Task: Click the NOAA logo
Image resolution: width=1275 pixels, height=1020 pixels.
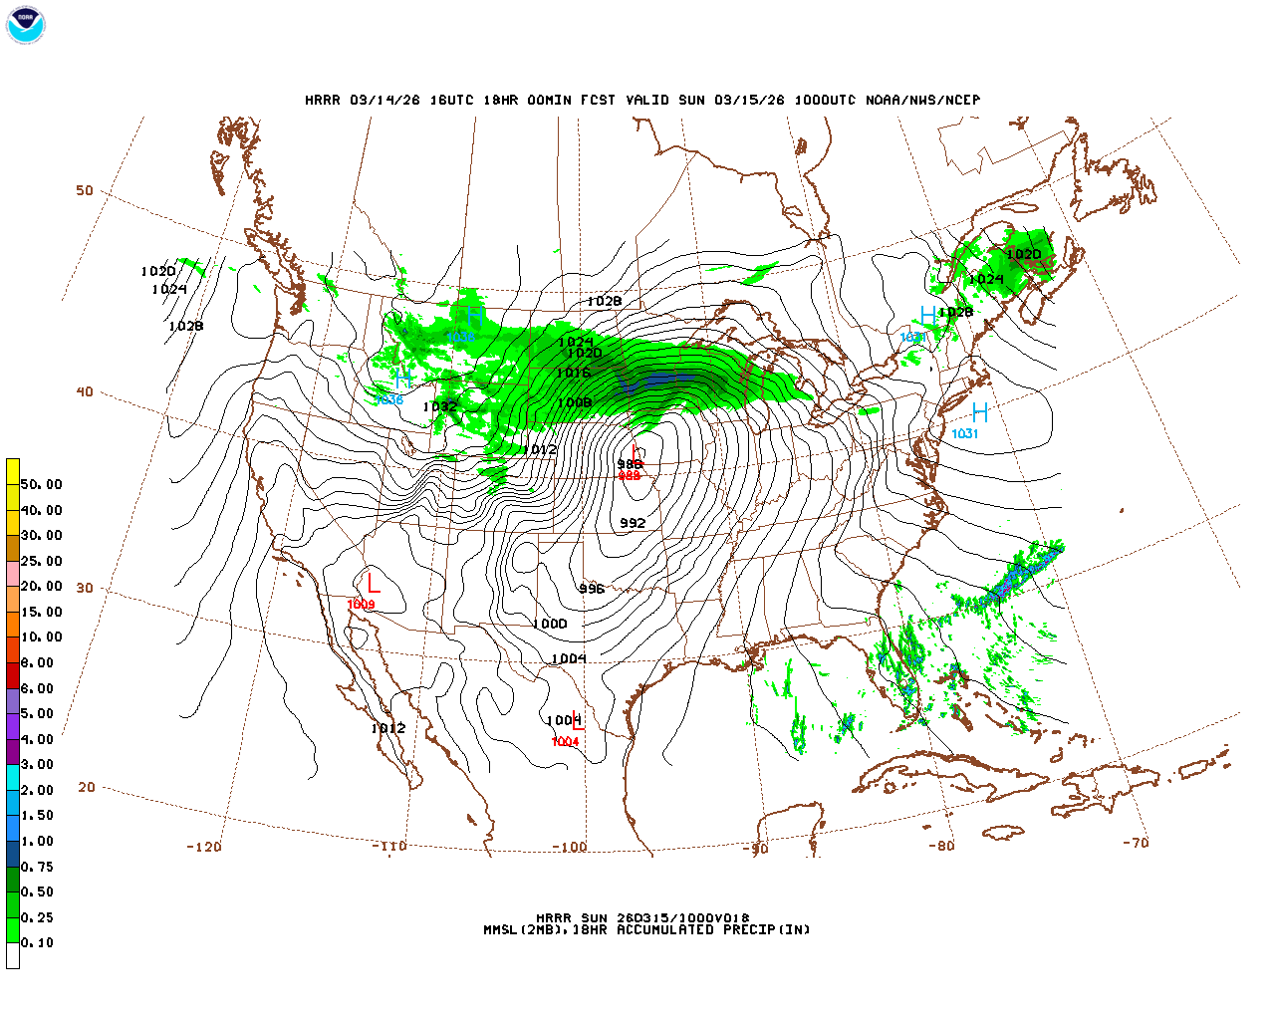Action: pyautogui.click(x=26, y=25)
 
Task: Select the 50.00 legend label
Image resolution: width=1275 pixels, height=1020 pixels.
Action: pyautogui.click(x=41, y=485)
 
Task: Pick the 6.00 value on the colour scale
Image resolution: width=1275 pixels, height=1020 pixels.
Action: pyautogui.click(x=37, y=688)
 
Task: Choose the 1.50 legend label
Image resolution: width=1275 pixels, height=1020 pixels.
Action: pyautogui.click(x=37, y=816)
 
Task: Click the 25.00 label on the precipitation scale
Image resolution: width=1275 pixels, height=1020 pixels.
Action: pyautogui.click(x=41, y=561)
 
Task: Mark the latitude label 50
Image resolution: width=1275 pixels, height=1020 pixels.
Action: pyautogui.click(x=85, y=190)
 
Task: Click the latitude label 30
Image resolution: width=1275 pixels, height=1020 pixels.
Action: pyautogui.click(x=85, y=588)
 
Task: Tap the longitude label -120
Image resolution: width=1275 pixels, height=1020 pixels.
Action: pyautogui.click(x=204, y=847)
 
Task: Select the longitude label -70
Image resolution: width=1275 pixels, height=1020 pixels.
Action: pyautogui.click(x=1136, y=843)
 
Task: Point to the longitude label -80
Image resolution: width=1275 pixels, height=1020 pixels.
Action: pyautogui.click(x=941, y=846)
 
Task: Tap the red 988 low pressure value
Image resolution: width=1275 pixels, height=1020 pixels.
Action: pyautogui.click(x=630, y=476)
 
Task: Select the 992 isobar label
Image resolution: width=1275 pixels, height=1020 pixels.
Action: pyautogui.click(x=633, y=523)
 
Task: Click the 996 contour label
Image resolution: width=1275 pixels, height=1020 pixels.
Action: pyautogui.click(x=592, y=589)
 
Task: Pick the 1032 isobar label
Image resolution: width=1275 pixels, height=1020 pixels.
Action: pyautogui.click(x=439, y=406)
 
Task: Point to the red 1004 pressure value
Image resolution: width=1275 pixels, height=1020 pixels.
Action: pyautogui.click(x=565, y=742)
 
